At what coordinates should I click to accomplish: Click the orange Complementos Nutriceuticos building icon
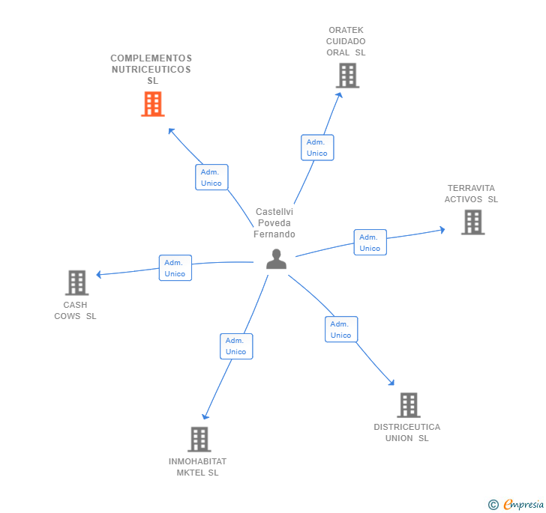[152, 104]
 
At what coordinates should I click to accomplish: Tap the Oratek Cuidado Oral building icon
[347, 76]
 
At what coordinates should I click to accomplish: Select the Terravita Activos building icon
[472, 222]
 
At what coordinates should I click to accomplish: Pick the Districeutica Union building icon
[408, 405]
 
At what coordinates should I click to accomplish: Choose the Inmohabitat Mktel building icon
[199, 440]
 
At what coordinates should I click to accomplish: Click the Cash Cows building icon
[76, 283]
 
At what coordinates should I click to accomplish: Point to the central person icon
[276, 259]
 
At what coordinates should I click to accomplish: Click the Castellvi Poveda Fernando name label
[274, 223]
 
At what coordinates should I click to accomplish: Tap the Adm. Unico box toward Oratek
[316, 148]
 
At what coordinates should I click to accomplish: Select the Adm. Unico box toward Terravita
[370, 243]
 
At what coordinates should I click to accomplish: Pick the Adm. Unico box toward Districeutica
[340, 330]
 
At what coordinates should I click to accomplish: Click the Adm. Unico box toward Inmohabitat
[235, 346]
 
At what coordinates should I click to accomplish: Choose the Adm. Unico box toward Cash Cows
[175, 268]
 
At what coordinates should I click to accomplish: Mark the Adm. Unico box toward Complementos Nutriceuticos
[211, 177]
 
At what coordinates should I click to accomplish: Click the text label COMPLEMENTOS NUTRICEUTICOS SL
[151, 70]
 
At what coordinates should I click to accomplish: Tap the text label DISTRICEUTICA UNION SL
[407, 433]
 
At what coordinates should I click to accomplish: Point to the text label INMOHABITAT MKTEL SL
[198, 467]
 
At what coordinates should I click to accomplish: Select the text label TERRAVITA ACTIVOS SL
[471, 194]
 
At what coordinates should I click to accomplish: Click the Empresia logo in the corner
[518, 505]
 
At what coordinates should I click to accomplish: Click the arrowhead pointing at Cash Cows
[99, 275]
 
